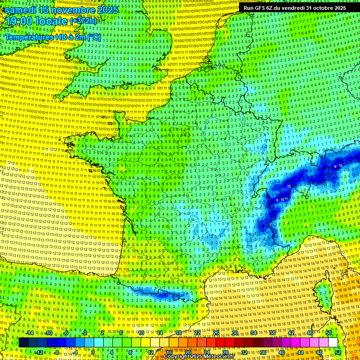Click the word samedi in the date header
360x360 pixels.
(21, 10)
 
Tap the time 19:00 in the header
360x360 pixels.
(19, 21)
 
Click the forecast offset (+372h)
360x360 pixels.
(83, 21)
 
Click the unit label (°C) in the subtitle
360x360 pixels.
(94, 37)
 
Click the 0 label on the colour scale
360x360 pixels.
(93, 352)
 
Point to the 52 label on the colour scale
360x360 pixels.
(338, 352)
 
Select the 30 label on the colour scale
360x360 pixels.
(235, 333)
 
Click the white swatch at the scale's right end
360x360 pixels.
(333, 343)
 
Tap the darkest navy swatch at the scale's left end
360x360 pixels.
(23, 343)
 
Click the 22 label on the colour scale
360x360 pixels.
(198, 333)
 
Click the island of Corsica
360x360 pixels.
(323, 293)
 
